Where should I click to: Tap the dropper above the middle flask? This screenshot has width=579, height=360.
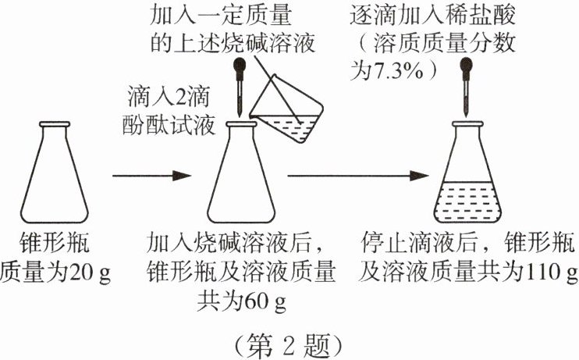(237, 86)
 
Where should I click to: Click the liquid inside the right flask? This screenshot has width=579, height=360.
(467, 200)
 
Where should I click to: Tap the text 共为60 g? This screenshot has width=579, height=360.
(241, 298)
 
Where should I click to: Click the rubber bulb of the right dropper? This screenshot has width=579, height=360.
(467, 62)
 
